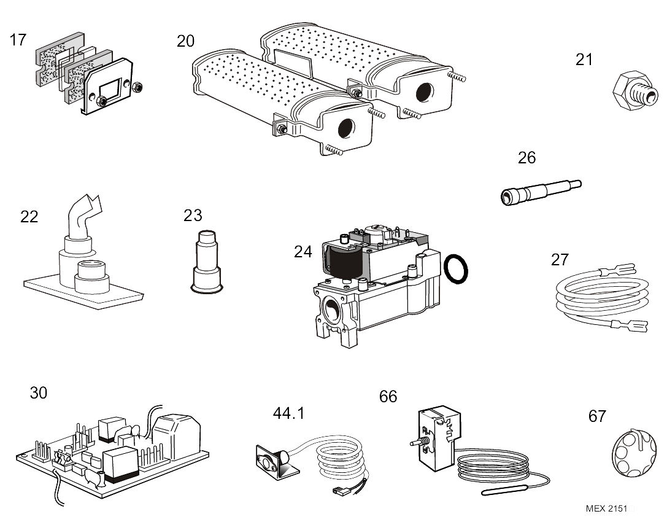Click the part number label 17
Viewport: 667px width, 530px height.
pyautogui.click(x=18, y=40)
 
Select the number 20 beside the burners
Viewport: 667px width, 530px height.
pyautogui.click(x=185, y=41)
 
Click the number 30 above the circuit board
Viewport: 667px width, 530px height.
pyautogui.click(x=38, y=392)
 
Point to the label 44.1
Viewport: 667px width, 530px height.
pyautogui.click(x=288, y=413)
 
